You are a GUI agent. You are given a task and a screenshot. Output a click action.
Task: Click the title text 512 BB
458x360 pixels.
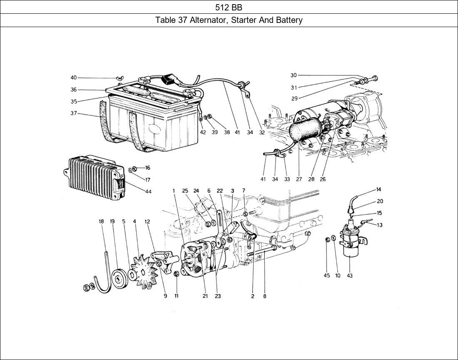(229, 7)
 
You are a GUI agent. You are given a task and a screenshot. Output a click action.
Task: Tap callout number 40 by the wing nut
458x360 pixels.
(73, 77)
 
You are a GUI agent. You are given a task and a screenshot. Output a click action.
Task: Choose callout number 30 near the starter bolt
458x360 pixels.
(294, 75)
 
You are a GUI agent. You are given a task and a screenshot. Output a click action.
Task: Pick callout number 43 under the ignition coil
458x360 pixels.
(349, 275)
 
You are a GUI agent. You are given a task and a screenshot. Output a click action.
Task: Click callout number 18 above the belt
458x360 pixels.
(101, 222)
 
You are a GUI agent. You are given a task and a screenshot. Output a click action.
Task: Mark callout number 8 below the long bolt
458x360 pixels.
(264, 296)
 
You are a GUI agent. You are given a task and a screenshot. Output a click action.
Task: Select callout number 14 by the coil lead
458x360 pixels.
(378, 190)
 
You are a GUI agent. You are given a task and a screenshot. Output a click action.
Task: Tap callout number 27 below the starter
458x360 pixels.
(299, 179)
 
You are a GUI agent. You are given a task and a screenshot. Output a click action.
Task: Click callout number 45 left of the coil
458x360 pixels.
(327, 275)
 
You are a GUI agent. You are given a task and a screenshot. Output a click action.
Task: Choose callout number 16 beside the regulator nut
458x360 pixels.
(147, 168)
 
